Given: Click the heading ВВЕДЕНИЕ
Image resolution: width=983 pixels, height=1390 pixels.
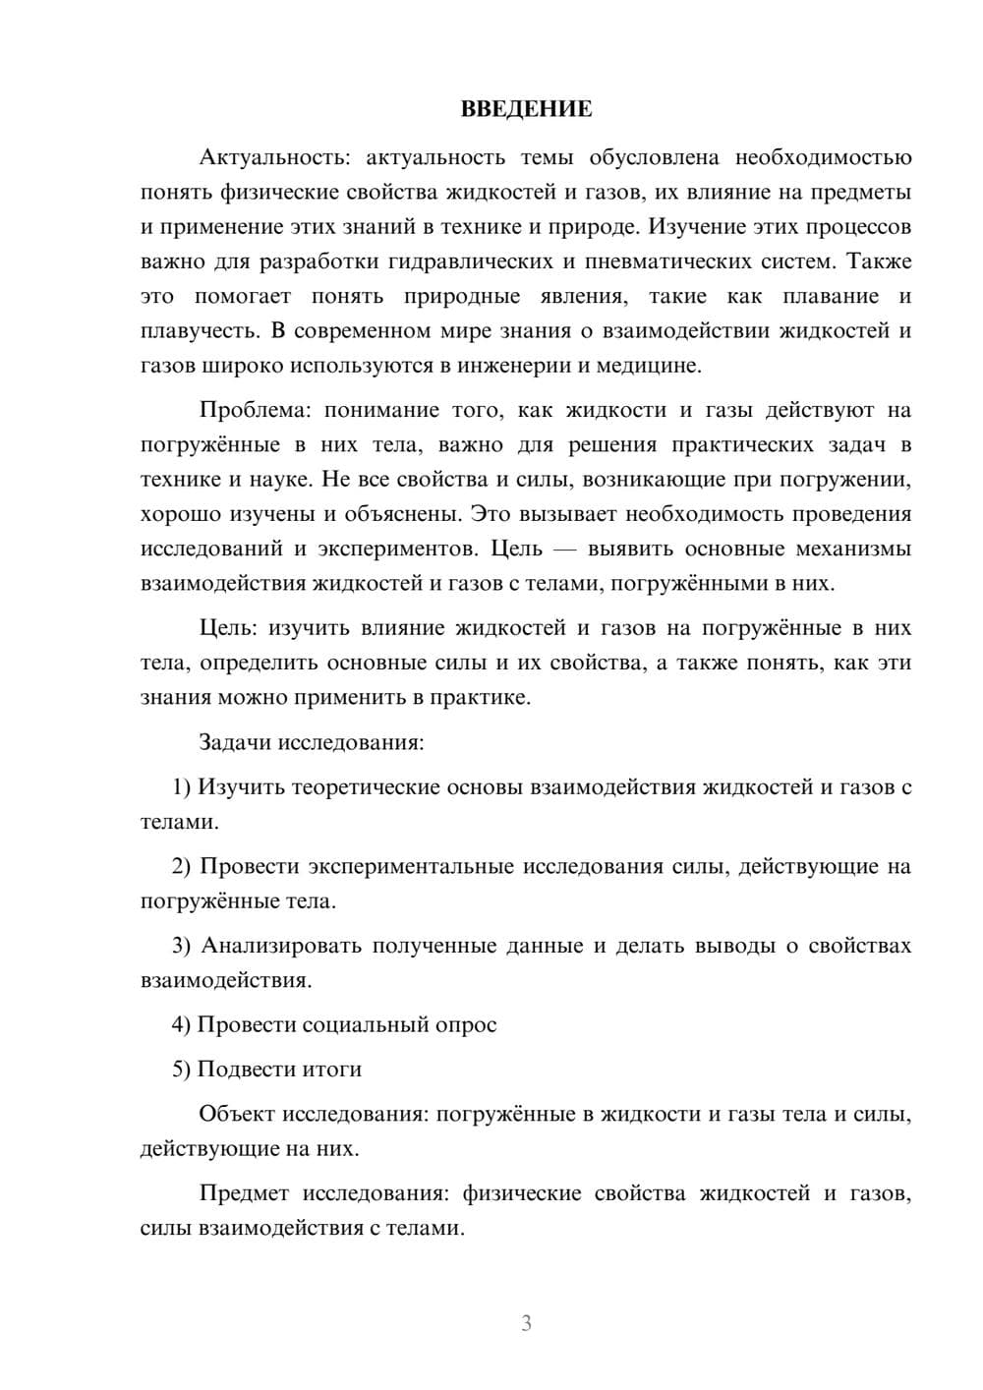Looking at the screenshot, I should [526, 109].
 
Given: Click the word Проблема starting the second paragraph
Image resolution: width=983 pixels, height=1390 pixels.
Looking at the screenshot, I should [255, 410].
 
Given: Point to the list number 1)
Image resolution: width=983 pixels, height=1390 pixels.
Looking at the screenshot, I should [182, 786].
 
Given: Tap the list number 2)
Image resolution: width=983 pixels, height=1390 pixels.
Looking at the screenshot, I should [183, 866].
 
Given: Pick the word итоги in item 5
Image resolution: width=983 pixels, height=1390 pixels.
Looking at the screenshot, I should [334, 1070].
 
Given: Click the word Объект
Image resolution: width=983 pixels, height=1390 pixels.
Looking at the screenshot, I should [237, 1114].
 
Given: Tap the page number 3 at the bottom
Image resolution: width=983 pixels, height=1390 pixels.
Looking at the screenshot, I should [526, 1323].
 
